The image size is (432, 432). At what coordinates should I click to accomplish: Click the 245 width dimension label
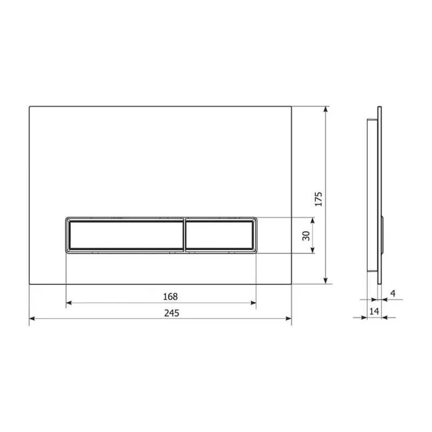(172, 313)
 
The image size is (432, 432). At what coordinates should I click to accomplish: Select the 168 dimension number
(170, 296)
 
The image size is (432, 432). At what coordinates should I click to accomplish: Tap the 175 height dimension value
(319, 199)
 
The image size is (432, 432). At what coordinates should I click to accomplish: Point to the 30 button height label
(306, 236)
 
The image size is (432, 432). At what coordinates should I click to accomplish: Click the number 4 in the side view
(393, 293)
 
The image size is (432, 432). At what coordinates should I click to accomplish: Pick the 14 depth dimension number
(374, 311)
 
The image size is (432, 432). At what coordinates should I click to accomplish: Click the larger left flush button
(125, 235)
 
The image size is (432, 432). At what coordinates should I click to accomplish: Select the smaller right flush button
(220, 235)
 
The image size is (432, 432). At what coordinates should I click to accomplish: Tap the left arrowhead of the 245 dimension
(32, 319)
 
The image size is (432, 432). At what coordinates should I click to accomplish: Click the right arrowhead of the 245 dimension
(288, 319)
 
